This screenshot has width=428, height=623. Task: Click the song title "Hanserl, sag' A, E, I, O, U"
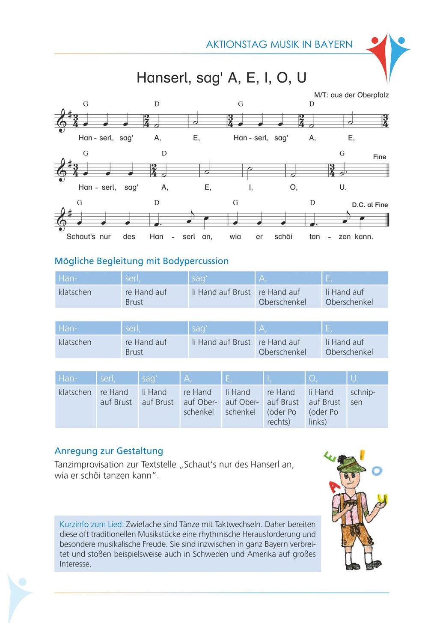(221, 78)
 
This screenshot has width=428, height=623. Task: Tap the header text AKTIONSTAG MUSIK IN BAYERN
(279, 45)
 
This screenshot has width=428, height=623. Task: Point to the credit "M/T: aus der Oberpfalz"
(351, 95)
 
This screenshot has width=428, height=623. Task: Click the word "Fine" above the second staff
(379, 157)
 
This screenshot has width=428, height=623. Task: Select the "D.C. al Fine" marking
(370, 205)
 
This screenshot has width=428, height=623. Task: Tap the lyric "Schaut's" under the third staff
(81, 236)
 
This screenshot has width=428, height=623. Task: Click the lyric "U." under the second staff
(343, 187)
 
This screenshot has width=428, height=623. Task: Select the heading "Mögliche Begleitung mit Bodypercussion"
(142, 261)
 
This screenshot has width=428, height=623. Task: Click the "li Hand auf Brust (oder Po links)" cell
(324, 407)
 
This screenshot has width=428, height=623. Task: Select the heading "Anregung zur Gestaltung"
(109, 450)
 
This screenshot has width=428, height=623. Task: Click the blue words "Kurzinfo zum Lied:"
(92, 524)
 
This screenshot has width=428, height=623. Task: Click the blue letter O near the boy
(377, 471)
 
